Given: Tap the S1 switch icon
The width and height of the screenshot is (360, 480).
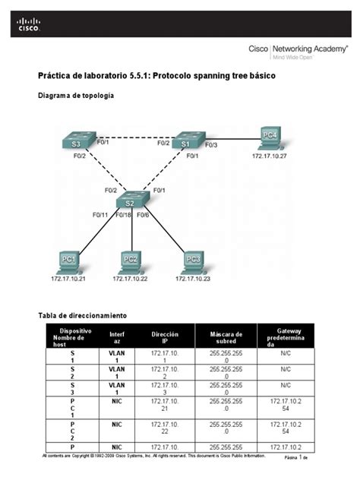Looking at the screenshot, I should pos(186,143).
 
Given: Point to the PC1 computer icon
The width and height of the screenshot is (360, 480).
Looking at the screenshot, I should pos(68,261).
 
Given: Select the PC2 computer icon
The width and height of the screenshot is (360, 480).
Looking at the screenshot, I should pos(130,261).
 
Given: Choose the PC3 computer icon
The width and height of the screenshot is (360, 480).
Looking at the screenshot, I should pos(192,261).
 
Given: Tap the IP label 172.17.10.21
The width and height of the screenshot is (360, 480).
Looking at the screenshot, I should pos(69,279).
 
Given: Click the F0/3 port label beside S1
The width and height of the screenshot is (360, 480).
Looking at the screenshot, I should pos(210,144).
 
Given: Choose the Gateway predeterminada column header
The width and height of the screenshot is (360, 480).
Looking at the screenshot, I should pos(295,337).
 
